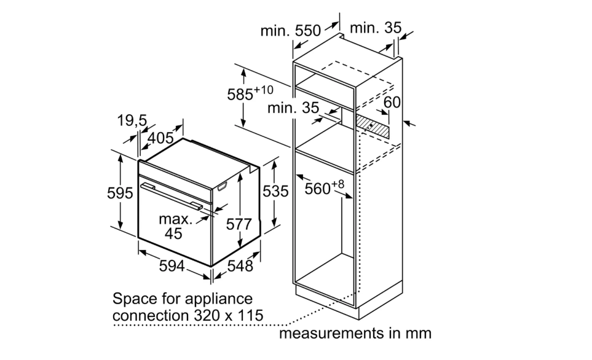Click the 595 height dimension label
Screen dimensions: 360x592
tap(120, 194)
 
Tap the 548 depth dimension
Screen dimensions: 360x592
tap(240, 266)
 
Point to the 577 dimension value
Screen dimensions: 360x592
tap(239, 224)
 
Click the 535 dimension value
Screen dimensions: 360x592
tap(275, 191)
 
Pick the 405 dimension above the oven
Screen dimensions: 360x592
tap(160, 137)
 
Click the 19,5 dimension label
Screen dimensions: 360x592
tap(132, 121)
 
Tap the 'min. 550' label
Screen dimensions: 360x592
tap(290, 31)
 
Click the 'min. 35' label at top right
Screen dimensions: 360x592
tap(375, 28)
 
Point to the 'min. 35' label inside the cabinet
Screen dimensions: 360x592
tap(293, 108)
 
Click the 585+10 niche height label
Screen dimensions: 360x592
tap(250, 93)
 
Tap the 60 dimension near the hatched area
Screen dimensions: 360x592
tap(393, 101)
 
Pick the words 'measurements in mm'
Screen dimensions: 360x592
tap(355, 334)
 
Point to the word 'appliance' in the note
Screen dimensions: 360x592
tap(221, 300)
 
